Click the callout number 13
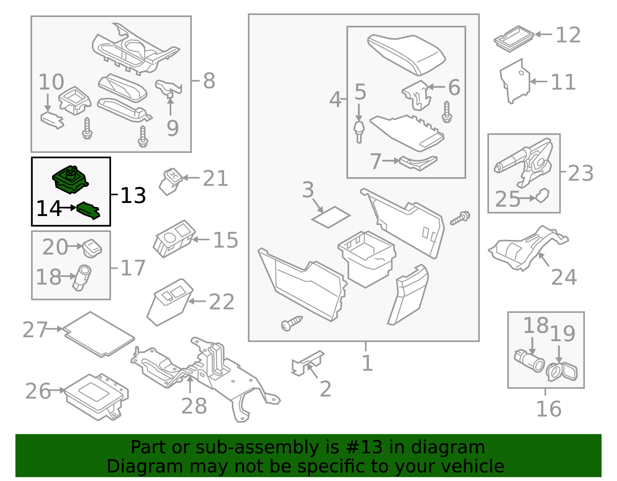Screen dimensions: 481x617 coord(133,195)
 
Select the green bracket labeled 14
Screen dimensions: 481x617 coord(89,211)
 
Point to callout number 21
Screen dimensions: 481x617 coord(215,179)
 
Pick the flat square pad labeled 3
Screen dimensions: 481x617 coord(331,217)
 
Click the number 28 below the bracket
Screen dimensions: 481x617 coord(194,406)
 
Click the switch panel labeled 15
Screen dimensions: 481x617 coord(174,238)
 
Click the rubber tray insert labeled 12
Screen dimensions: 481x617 coord(513,38)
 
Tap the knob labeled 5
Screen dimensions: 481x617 coord(359,130)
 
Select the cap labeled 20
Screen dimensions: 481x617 coord(92,248)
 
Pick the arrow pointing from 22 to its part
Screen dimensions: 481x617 coord(197,302)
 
